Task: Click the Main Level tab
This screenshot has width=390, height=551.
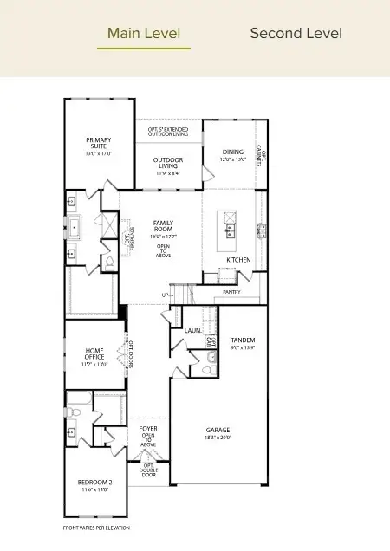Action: coord(143,34)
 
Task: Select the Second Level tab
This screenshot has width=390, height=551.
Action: coord(296,34)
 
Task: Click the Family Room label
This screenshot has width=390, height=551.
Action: coord(163,227)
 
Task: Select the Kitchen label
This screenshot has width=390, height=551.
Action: coord(238,259)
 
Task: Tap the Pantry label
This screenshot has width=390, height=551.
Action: coord(231,292)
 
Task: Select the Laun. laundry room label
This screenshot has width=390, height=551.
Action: coord(193,330)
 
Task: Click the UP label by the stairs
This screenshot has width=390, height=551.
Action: coord(166,295)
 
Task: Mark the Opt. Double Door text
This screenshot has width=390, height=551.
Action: coord(148,470)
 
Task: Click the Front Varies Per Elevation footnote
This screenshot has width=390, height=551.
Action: coord(96,528)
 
